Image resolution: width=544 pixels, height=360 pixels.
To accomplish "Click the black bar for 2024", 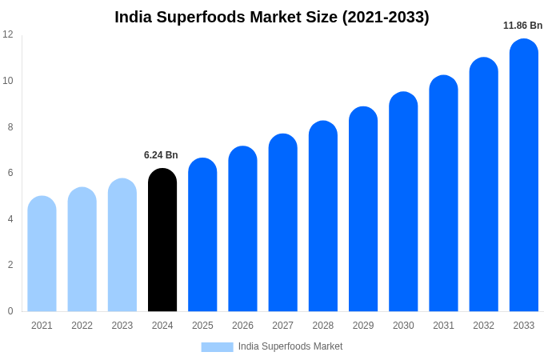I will [162, 240].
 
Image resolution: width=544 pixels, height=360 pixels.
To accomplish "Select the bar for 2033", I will [524, 176].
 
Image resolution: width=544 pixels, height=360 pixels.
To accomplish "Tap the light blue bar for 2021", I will [42, 254].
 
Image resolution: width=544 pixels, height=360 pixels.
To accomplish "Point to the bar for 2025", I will [202, 235].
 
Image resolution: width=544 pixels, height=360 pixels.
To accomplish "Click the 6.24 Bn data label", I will [161, 155].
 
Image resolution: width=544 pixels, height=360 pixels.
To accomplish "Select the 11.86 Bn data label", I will [522, 26].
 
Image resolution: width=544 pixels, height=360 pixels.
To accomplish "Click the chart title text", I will [272, 17].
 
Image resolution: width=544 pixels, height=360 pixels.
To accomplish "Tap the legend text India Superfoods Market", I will [290, 346].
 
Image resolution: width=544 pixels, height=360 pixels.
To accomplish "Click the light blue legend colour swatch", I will [217, 347].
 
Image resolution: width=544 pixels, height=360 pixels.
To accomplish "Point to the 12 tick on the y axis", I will [8, 34].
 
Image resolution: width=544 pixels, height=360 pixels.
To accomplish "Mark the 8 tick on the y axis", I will [8, 126].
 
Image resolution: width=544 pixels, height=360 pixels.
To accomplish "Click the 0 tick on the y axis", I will [10, 311].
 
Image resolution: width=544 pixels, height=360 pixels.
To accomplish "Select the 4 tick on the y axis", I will [10, 219].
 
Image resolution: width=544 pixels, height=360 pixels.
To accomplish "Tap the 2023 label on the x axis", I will [122, 326].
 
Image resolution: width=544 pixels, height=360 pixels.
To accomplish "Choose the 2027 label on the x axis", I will [282, 326].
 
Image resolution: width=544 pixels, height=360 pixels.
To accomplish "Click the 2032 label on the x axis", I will [483, 326].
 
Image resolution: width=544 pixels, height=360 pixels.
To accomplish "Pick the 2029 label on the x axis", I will [363, 326].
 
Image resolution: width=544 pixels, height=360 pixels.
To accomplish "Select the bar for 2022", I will [82, 250].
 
